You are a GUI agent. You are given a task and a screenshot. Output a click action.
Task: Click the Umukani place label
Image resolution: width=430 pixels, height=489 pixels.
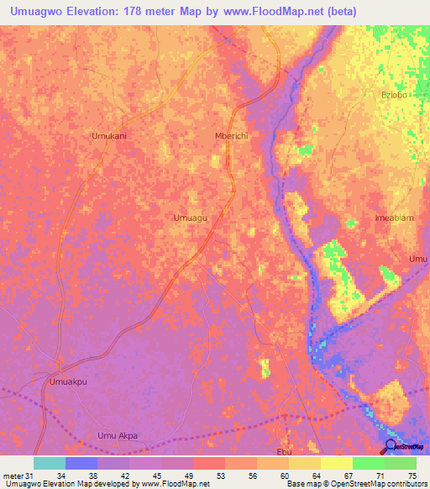pos(107,134)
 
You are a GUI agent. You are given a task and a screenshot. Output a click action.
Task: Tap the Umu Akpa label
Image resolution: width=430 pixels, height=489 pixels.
pos(117,435)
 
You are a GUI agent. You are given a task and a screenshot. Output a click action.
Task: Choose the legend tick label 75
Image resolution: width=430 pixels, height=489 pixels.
pos(411,477)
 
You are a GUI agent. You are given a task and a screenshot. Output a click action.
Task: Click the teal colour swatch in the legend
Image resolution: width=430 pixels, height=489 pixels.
pos(50,463)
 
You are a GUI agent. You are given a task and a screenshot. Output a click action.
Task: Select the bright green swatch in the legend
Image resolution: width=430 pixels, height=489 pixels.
pos(368,463)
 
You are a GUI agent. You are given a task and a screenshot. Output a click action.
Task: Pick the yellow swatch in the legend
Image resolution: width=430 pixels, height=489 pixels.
pos(336,463)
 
